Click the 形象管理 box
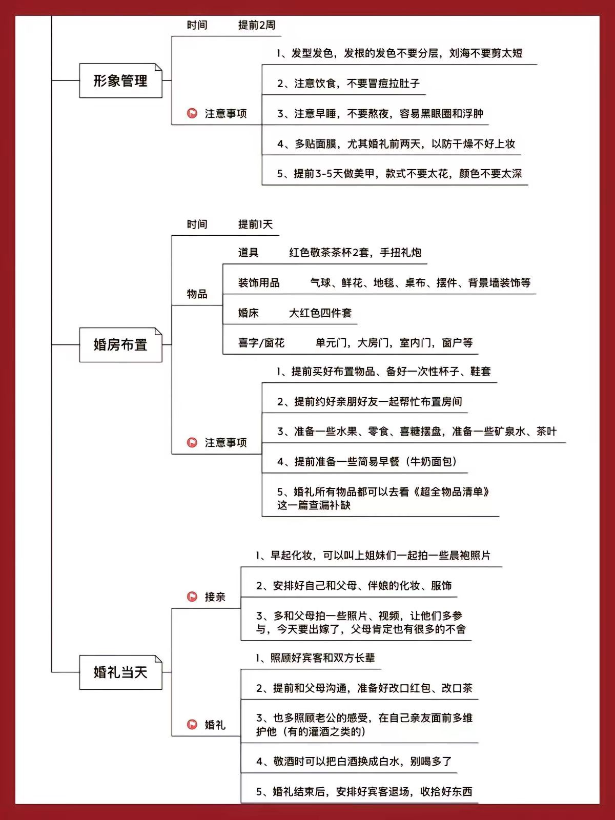(x=120, y=80)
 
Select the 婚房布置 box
(x=120, y=345)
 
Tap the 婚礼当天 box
(x=120, y=672)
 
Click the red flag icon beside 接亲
(x=192, y=597)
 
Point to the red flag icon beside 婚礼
(x=192, y=724)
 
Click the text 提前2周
(x=257, y=25)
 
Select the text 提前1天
(x=255, y=224)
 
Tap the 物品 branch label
(x=197, y=294)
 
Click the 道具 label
(x=249, y=253)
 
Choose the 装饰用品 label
(x=259, y=283)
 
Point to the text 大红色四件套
(x=320, y=313)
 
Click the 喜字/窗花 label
(x=261, y=342)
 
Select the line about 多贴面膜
(x=396, y=144)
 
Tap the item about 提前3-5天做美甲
(x=399, y=174)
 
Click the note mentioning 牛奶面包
(x=367, y=462)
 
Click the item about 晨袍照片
(x=373, y=556)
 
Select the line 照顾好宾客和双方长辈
(x=315, y=658)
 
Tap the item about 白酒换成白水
(x=354, y=761)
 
